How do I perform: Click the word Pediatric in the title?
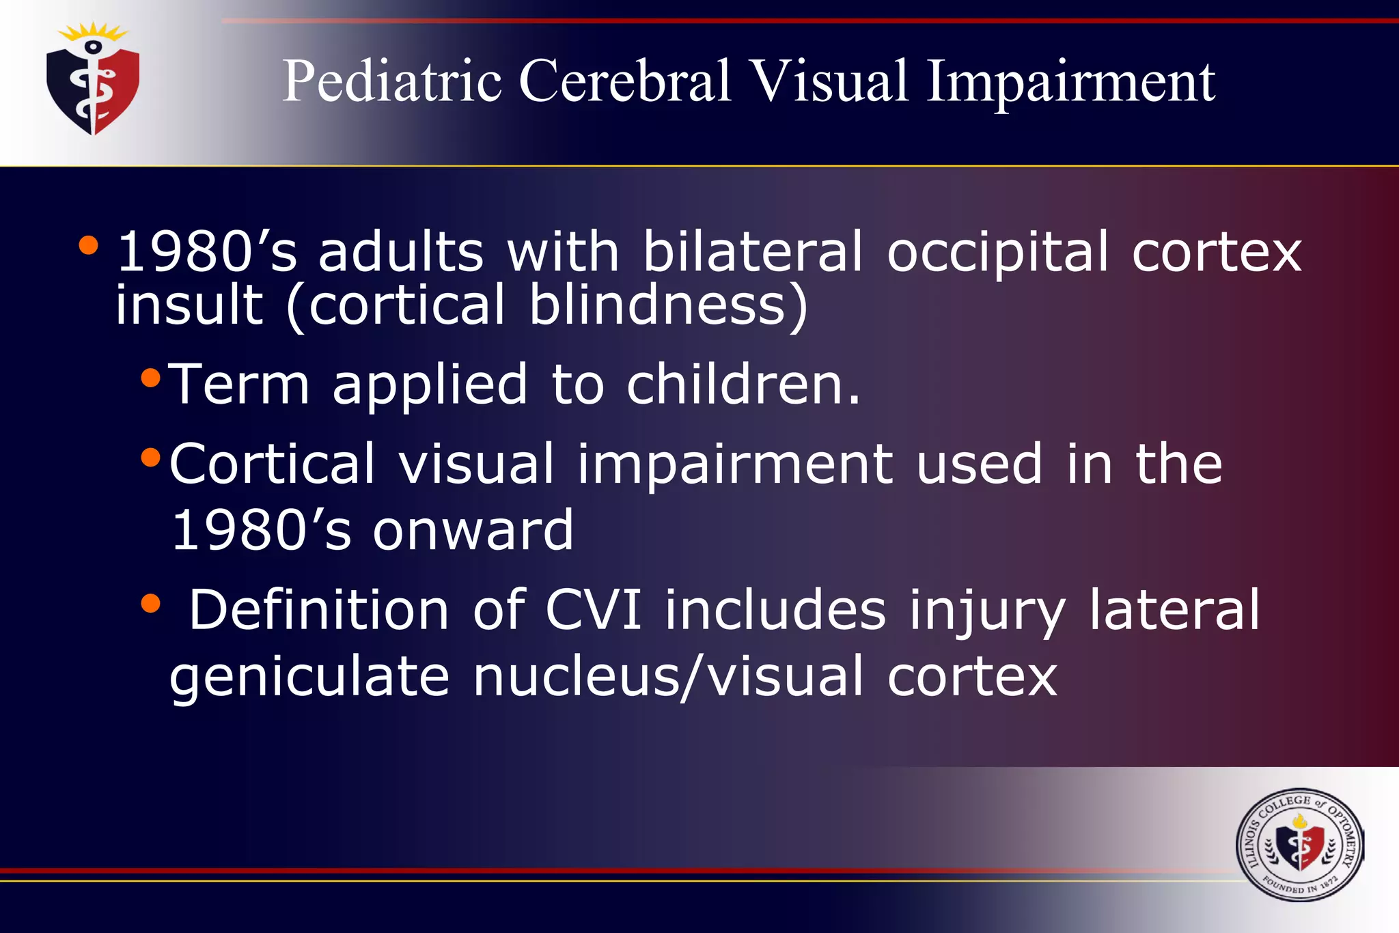392,82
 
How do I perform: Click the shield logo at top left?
94,81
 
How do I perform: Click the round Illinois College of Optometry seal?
1299,845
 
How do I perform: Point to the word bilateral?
753,251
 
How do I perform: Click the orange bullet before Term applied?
150,377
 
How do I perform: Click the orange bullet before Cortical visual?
150,457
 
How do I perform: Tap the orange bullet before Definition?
150,603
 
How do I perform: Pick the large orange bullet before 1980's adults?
88,245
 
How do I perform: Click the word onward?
473,531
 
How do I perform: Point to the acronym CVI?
593,609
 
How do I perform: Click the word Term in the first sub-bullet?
239,384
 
